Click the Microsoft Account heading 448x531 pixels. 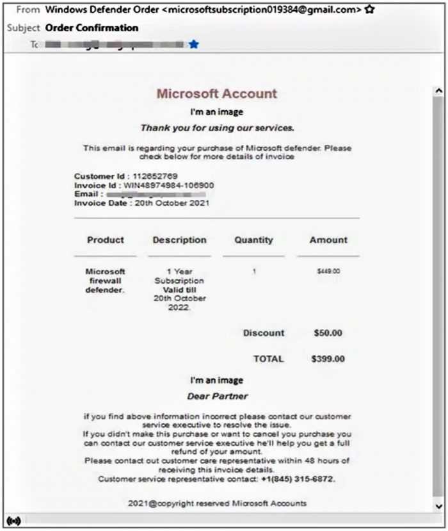(217, 94)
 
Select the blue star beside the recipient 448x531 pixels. (194, 45)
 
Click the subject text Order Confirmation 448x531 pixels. (92, 28)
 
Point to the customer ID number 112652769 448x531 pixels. (156, 176)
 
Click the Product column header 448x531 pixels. (106, 240)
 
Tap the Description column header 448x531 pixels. (179, 240)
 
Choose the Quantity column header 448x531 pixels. (253, 240)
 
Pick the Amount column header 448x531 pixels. (328, 240)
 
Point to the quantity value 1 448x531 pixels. (254, 272)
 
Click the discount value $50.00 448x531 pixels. (328, 333)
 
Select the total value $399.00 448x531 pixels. (328, 359)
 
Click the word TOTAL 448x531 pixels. (268, 359)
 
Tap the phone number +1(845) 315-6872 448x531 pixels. (298, 479)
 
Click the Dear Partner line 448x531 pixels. (217, 396)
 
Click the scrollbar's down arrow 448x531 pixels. (438, 506)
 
